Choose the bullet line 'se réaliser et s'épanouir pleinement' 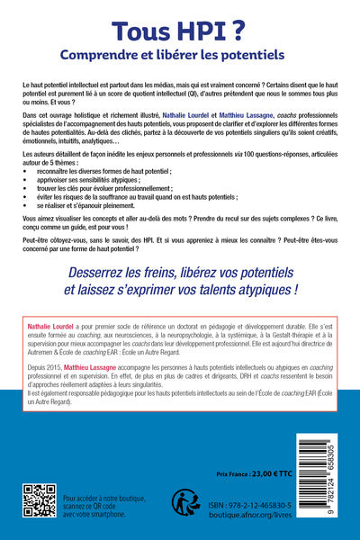(x=98, y=229)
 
